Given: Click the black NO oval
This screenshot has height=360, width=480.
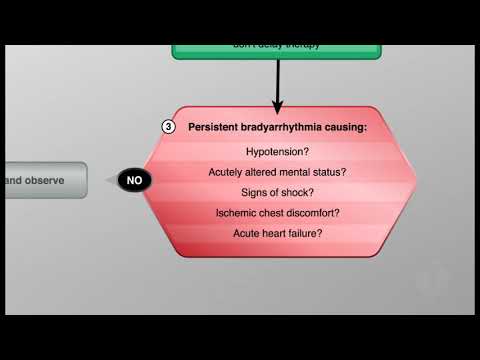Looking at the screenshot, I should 133,181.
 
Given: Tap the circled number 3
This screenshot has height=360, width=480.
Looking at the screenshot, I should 168,128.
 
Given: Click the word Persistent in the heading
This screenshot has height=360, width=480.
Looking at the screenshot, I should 211,128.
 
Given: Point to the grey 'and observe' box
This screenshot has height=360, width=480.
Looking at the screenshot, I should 55,181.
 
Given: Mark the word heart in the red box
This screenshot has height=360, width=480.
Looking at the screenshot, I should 275,235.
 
